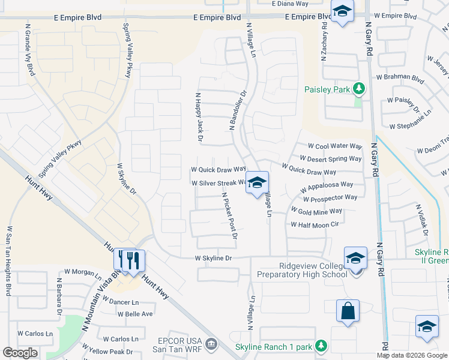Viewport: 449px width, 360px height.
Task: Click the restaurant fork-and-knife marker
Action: [130, 261]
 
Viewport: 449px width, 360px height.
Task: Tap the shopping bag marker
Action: [348, 311]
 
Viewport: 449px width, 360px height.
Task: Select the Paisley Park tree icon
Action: [359, 89]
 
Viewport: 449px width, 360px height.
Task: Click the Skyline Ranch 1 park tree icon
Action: [321, 346]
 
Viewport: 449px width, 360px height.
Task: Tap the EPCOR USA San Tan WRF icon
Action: [211, 344]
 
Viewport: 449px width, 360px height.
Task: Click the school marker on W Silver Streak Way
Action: [257, 183]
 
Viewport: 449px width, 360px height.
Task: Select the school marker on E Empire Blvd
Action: [342, 11]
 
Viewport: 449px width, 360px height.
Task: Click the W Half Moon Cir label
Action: [315, 224]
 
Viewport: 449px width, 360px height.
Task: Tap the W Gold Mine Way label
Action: [316, 211]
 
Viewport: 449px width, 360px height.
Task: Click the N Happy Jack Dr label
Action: [198, 117]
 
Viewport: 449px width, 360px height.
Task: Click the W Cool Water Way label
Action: [335, 146]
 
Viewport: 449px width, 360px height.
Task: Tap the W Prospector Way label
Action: [330, 197]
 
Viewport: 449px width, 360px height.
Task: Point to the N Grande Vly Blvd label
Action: [29, 50]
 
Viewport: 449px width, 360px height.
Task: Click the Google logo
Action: [20, 353]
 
